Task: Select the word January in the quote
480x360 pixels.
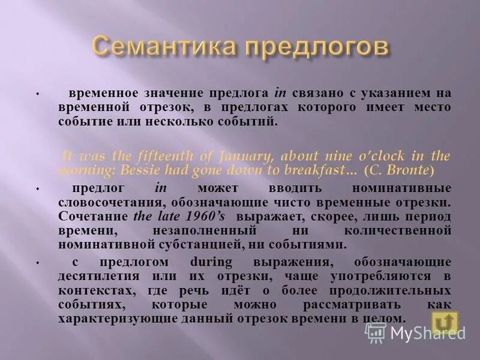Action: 237,156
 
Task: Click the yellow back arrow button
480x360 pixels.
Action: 444,323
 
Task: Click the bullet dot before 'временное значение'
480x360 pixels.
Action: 37,95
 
